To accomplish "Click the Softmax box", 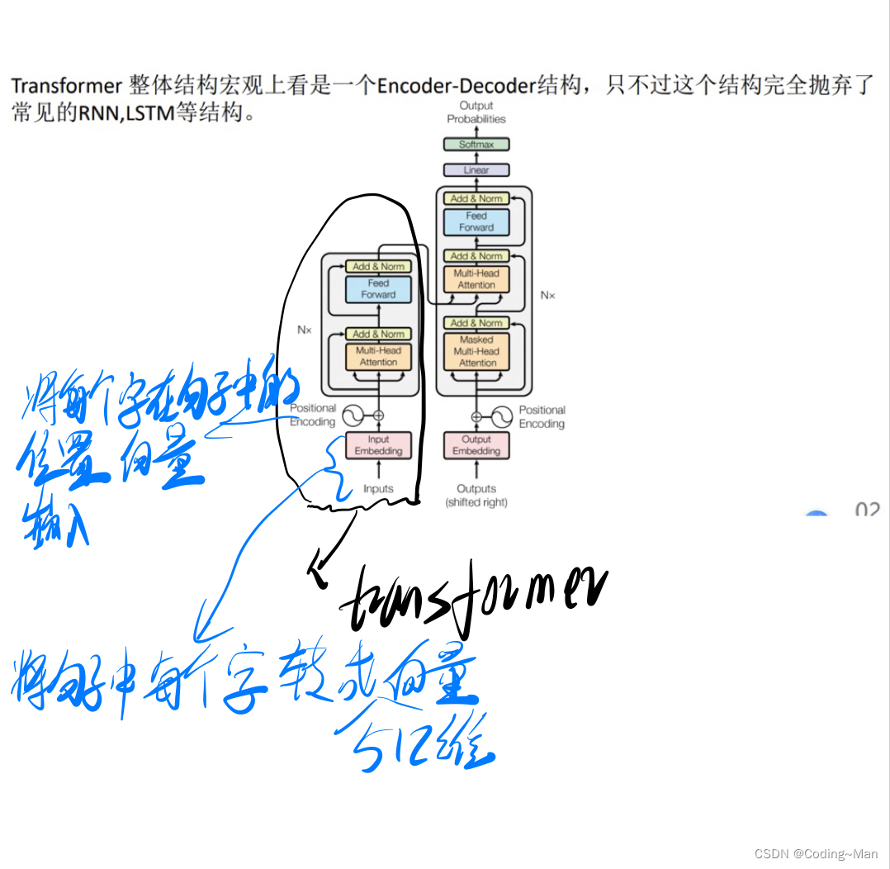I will coord(476,145).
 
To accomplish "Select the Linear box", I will coord(476,170).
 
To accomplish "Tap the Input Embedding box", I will coord(378,445).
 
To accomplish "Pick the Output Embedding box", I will coord(476,445).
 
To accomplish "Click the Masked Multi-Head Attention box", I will coord(476,351).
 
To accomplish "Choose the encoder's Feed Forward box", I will coord(378,288).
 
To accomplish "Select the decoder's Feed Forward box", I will coord(476,221).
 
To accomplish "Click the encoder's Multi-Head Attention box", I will coord(378,356).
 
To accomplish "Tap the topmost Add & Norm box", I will coord(476,198).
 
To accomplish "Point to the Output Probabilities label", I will coord(476,112).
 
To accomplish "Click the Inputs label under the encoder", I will coord(378,489).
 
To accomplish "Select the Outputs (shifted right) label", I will coord(476,495).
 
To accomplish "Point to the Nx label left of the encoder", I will coord(305,330).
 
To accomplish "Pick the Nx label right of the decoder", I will coord(548,294).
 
